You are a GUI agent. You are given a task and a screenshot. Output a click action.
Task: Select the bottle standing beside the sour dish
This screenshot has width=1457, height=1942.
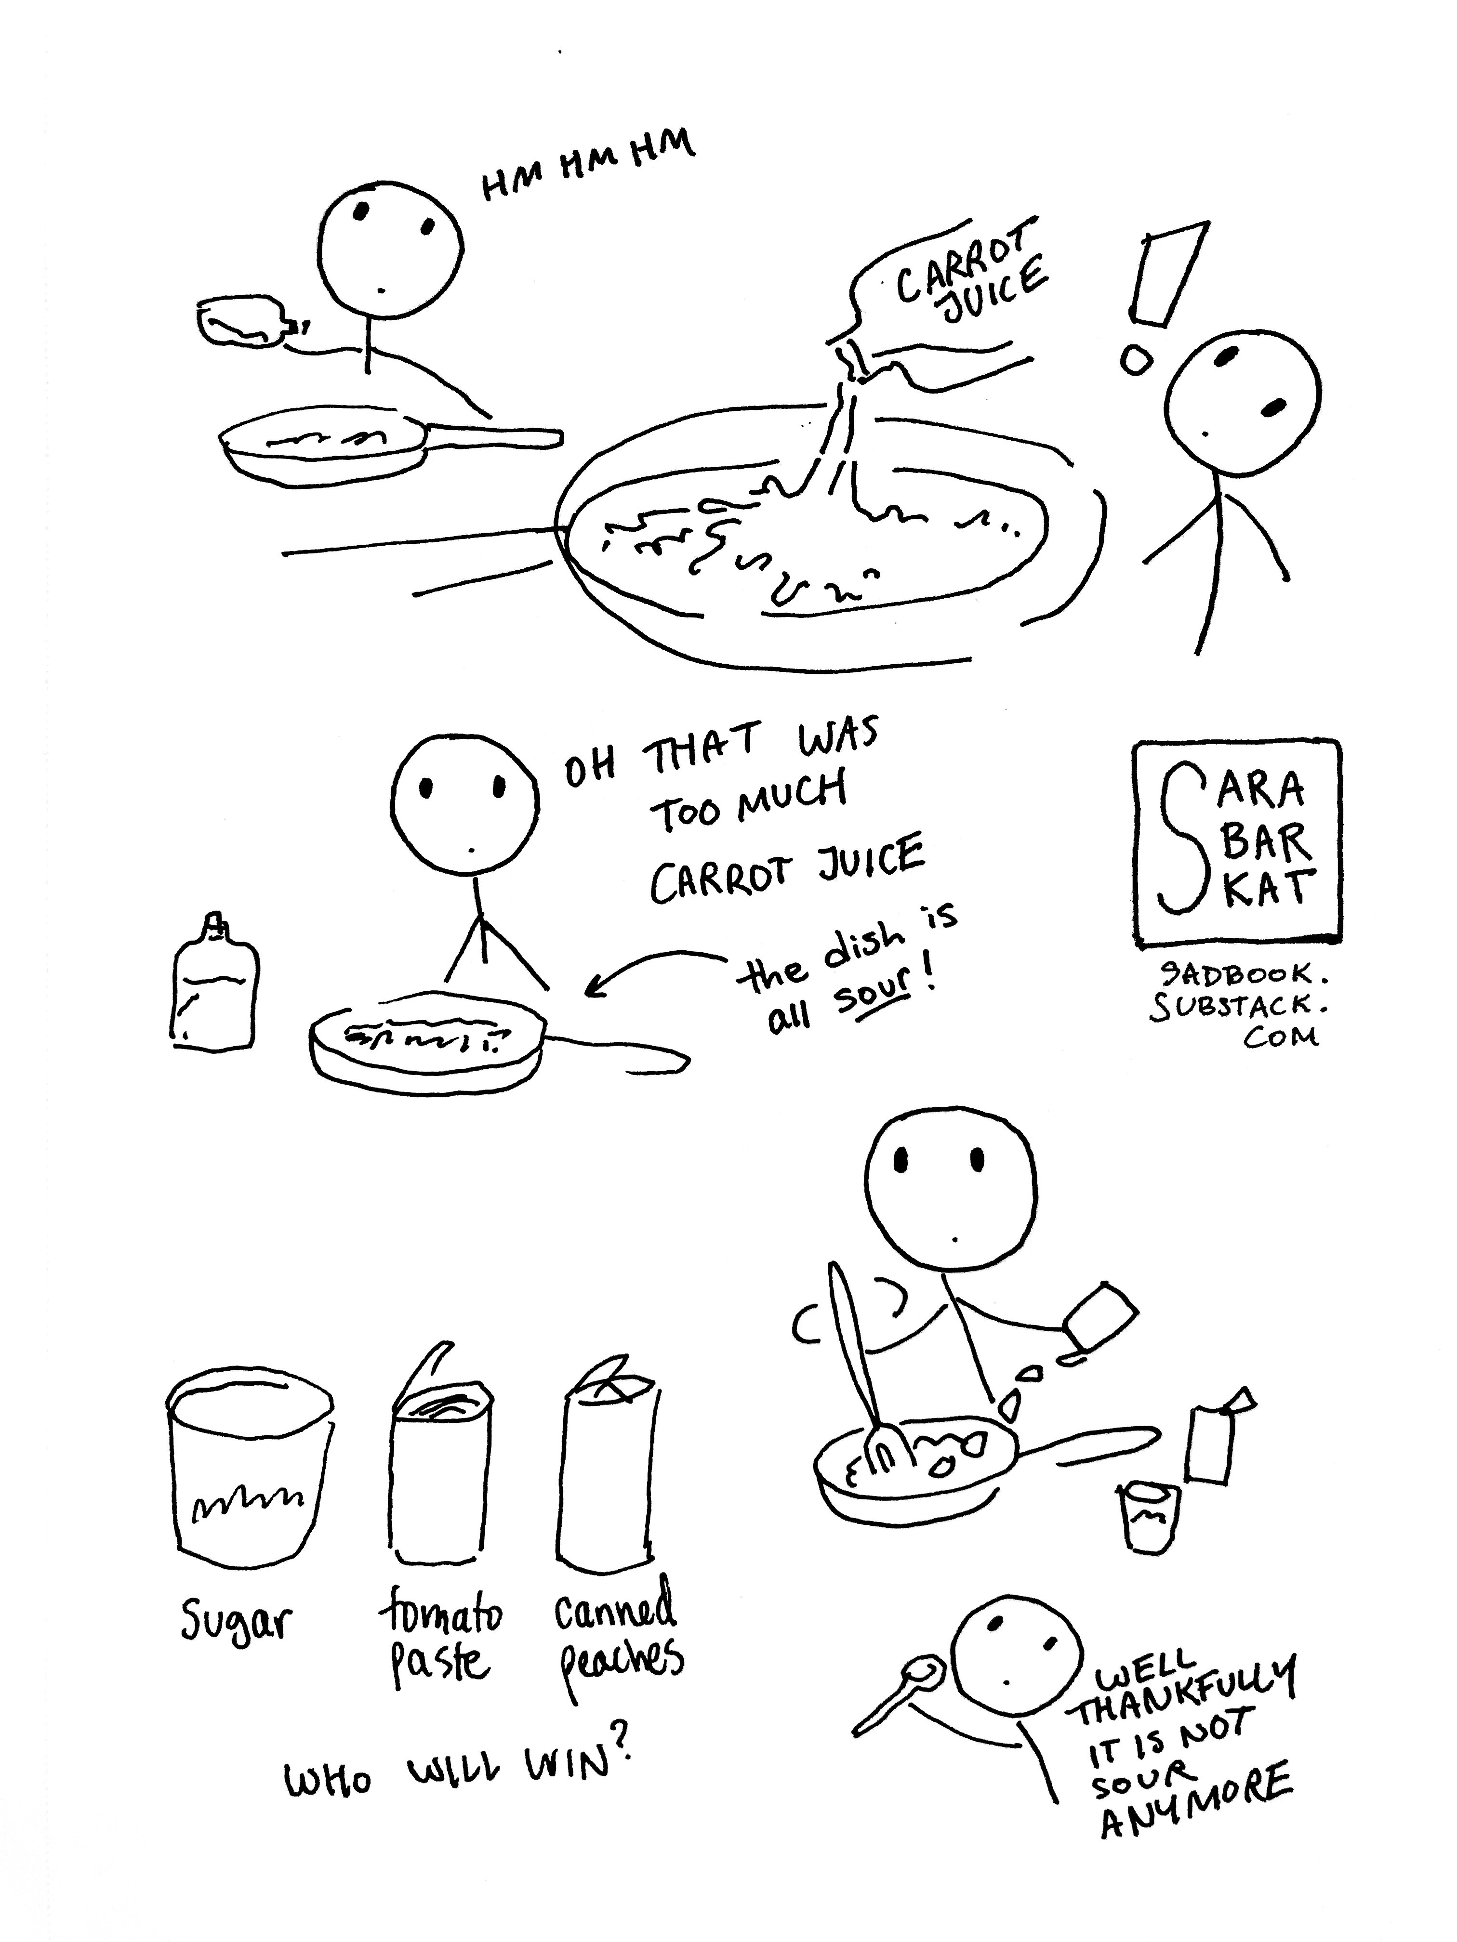[x=213, y=984]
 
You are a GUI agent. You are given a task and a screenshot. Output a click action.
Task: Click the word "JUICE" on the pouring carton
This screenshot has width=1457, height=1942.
[x=994, y=290]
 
